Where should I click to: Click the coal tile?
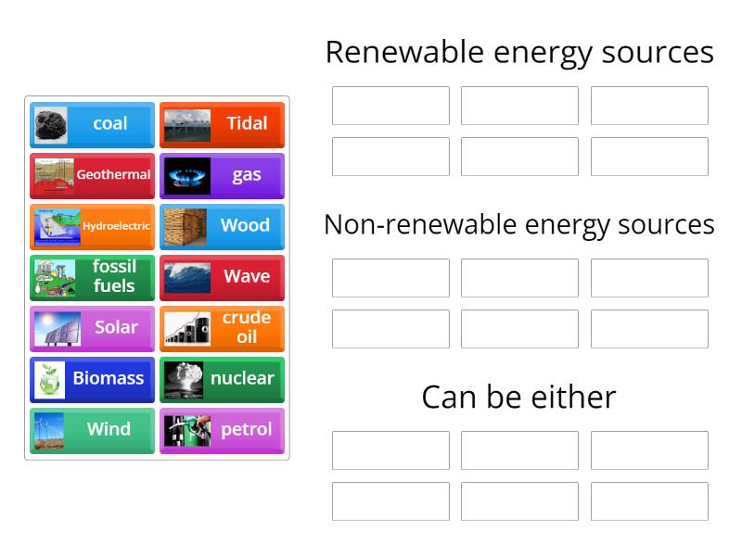coord(92,124)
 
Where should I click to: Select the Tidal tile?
coord(222,124)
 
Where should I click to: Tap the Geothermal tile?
coord(92,175)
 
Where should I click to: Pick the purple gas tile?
coord(222,175)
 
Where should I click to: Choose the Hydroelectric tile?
coord(92,226)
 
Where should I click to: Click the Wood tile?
coord(222,226)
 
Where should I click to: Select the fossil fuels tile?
coord(92,277)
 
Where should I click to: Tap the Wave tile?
coord(222,277)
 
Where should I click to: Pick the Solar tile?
coord(92,328)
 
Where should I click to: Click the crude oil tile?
coord(222,328)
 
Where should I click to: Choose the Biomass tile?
coord(92,379)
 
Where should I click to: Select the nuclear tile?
coord(222,379)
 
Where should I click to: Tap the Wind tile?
coord(92,430)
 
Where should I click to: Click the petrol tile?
coord(222,430)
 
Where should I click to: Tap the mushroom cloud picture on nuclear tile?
coord(183,379)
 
